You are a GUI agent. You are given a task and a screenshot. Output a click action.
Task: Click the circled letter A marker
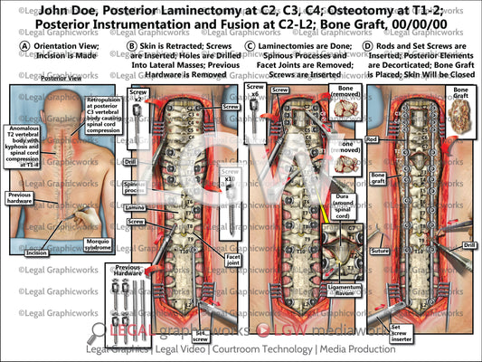click(x=10, y=45)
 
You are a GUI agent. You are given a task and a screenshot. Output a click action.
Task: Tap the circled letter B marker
click(x=131, y=45)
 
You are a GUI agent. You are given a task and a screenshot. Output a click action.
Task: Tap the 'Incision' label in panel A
click(x=37, y=253)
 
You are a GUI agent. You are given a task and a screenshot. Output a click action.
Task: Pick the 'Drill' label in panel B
click(x=131, y=163)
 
